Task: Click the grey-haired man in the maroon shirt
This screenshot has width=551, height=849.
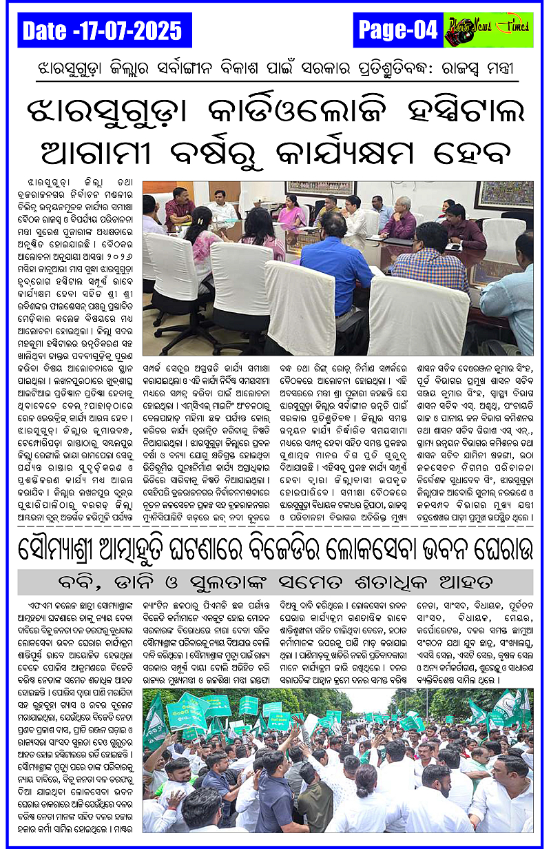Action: [x=399, y=219]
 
